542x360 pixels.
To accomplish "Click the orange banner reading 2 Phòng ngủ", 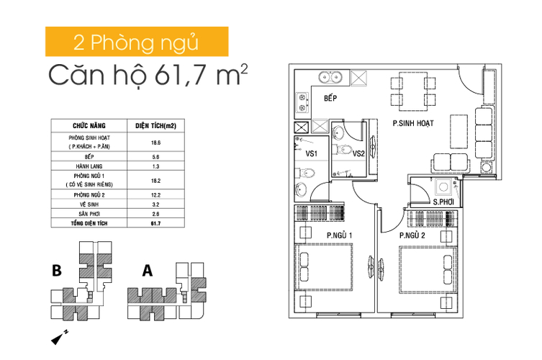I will pos(137,42).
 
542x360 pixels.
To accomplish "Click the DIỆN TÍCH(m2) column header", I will pos(155,125).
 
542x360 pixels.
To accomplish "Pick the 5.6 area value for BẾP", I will pos(155,156).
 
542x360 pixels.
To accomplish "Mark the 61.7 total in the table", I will pos(155,225).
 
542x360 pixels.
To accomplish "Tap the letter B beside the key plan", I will pos(56,271).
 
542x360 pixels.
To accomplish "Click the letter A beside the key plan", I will pos(148,271).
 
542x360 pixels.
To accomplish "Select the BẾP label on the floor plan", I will pos(330,99).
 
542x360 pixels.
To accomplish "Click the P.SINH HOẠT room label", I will pos(412,123).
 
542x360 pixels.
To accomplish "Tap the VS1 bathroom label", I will pos(312,154).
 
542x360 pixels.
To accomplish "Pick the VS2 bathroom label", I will pos(358,153).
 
